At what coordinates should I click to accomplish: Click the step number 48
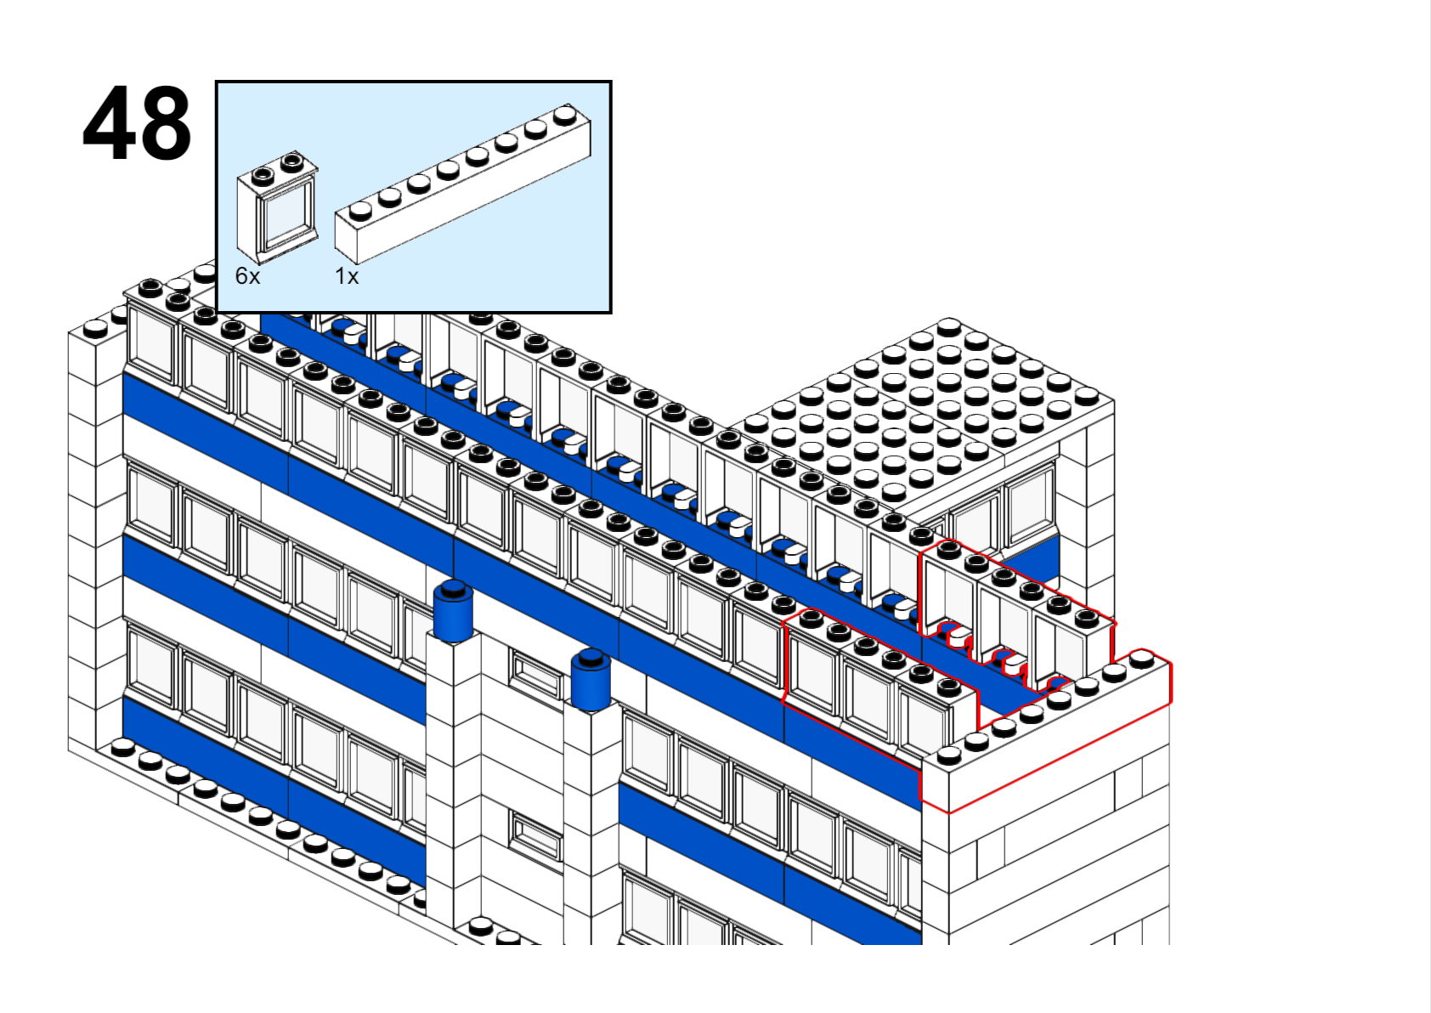(137, 122)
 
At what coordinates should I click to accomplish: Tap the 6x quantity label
(248, 276)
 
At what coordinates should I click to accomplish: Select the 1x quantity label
(347, 276)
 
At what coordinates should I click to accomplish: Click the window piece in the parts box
(278, 207)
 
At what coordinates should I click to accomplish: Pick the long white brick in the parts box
(463, 184)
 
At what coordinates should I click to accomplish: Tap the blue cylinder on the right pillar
(591, 680)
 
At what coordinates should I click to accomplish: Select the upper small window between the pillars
(535, 675)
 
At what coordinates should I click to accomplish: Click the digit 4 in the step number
(109, 123)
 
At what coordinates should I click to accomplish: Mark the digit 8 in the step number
(166, 123)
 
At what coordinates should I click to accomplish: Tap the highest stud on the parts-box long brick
(565, 115)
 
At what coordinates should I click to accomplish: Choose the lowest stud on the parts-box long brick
(360, 211)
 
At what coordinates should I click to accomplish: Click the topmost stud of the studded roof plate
(948, 326)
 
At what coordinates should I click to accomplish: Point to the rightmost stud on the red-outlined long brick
(1141, 658)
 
